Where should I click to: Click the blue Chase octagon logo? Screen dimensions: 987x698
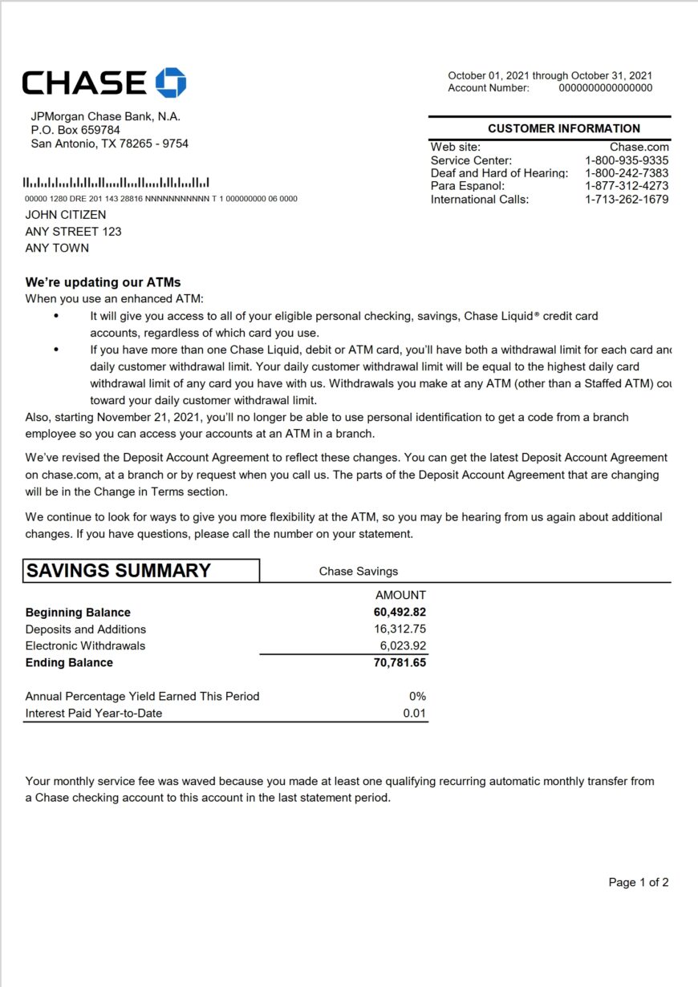click(170, 83)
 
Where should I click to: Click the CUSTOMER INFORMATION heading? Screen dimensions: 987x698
click(563, 128)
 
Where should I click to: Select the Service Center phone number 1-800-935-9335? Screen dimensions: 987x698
click(626, 160)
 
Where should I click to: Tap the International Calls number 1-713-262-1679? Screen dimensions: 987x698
click(626, 200)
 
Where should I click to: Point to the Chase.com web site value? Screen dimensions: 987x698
click(639, 147)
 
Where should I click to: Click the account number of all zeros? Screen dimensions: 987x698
click(605, 88)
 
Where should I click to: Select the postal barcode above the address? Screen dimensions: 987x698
click(117, 183)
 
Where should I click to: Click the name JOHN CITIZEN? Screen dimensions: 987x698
click(66, 215)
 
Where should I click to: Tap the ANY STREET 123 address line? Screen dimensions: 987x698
click(73, 232)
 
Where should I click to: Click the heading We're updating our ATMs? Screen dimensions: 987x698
click(103, 282)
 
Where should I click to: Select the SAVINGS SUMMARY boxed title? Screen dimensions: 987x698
click(119, 571)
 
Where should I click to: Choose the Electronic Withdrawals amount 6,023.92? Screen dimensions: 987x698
click(403, 645)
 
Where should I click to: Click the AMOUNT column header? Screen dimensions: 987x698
click(400, 595)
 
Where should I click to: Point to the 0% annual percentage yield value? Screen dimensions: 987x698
click(417, 697)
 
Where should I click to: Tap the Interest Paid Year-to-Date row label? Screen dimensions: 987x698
click(94, 713)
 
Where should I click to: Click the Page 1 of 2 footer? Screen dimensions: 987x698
click(638, 883)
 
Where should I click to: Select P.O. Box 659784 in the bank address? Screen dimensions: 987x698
click(75, 130)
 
